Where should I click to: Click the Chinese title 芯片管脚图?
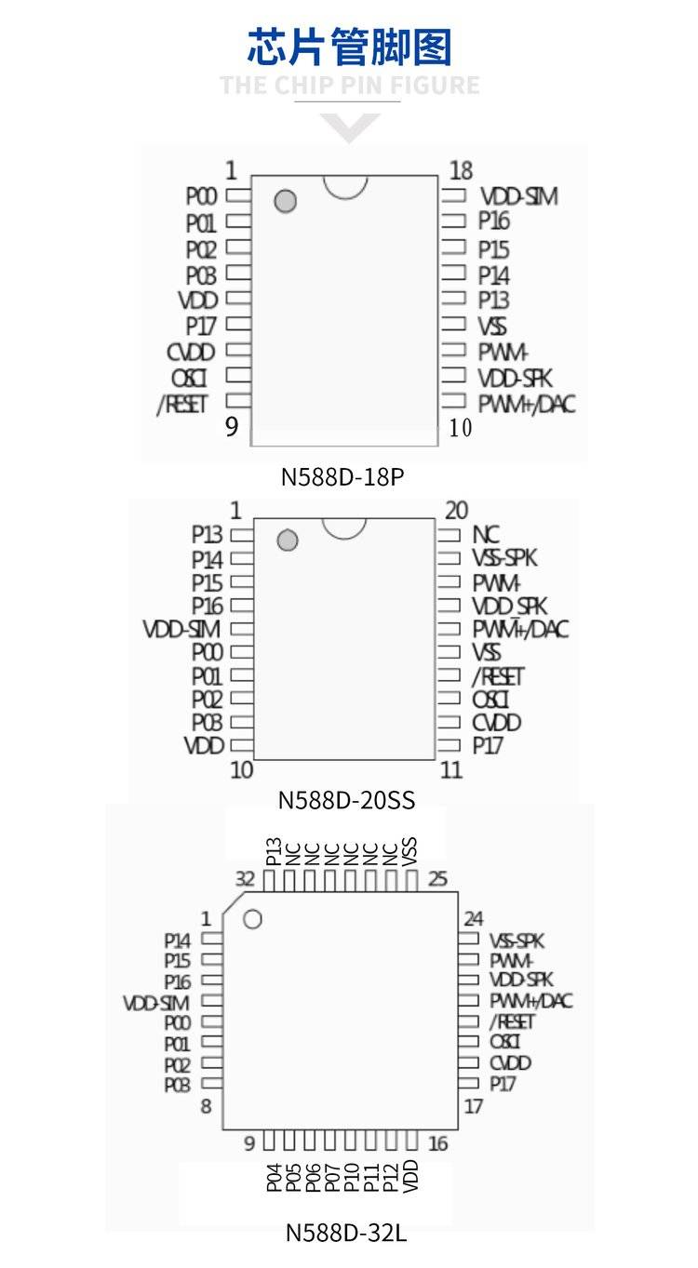pyautogui.click(x=349, y=47)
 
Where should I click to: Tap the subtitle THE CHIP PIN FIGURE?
pyautogui.click(x=349, y=87)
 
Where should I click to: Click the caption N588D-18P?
pyautogui.click(x=342, y=477)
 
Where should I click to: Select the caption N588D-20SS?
pyautogui.click(x=346, y=800)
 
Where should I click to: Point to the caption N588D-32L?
pyautogui.click(x=345, y=1233)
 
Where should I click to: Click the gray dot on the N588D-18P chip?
pyautogui.click(x=286, y=201)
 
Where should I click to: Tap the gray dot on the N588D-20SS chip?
pyautogui.click(x=288, y=541)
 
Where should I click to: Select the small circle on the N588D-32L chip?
pyautogui.click(x=252, y=919)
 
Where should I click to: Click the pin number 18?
pyautogui.click(x=461, y=171)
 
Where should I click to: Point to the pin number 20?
pyautogui.click(x=456, y=511)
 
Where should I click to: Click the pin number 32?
pyautogui.click(x=245, y=879)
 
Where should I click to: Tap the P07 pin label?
pyautogui.click(x=332, y=1175)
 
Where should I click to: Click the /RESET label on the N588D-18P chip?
pyautogui.click(x=182, y=404)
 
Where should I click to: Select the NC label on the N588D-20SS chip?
pyautogui.click(x=486, y=535)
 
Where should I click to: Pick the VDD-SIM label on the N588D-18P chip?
pyautogui.click(x=518, y=197)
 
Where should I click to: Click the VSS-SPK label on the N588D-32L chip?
pyautogui.click(x=517, y=941)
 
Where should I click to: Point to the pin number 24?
pyautogui.click(x=474, y=919)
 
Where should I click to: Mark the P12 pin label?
pyautogui.click(x=391, y=1175)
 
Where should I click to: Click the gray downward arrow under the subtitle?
pyautogui.click(x=349, y=127)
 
